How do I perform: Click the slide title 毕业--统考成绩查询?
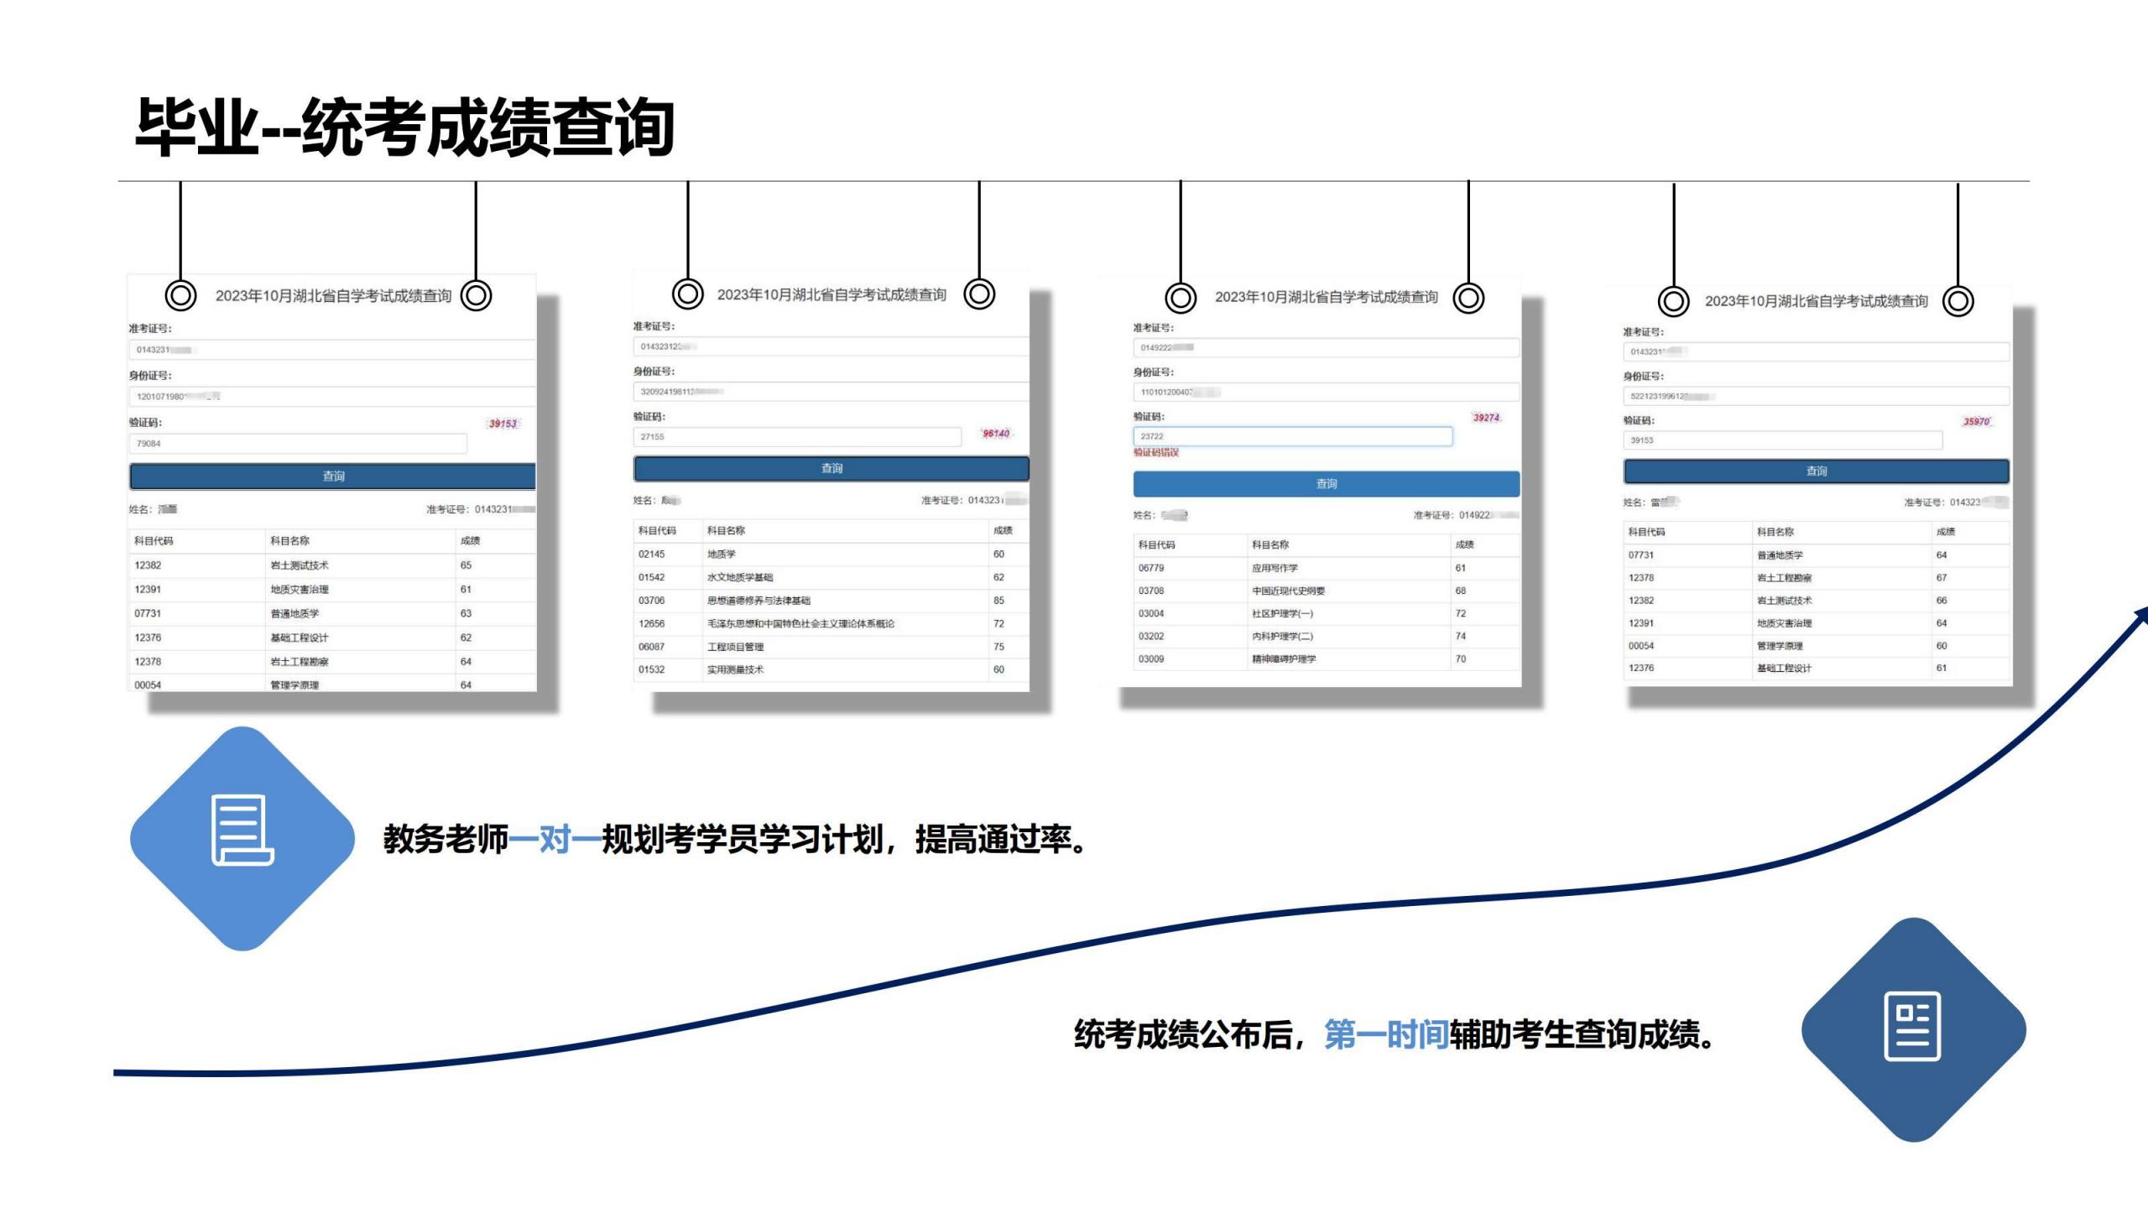click(404, 128)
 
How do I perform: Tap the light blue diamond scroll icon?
click(242, 837)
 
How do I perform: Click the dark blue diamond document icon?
click(1913, 1028)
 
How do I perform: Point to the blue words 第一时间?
click(1386, 1035)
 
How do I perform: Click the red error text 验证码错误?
click(1156, 453)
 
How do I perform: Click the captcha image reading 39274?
click(1485, 418)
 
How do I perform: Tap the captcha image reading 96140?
click(996, 434)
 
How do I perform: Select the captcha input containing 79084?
click(298, 444)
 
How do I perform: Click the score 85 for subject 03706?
click(998, 601)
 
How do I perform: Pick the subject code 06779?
click(1151, 568)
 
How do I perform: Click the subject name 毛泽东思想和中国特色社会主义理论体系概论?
click(800, 624)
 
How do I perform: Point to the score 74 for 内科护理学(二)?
click(1461, 637)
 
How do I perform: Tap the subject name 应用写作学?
click(1275, 568)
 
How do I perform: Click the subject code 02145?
click(651, 555)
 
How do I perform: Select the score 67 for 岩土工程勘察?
click(1942, 578)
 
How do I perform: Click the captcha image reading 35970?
click(1976, 422)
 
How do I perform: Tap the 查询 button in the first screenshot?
click(333, 476)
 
